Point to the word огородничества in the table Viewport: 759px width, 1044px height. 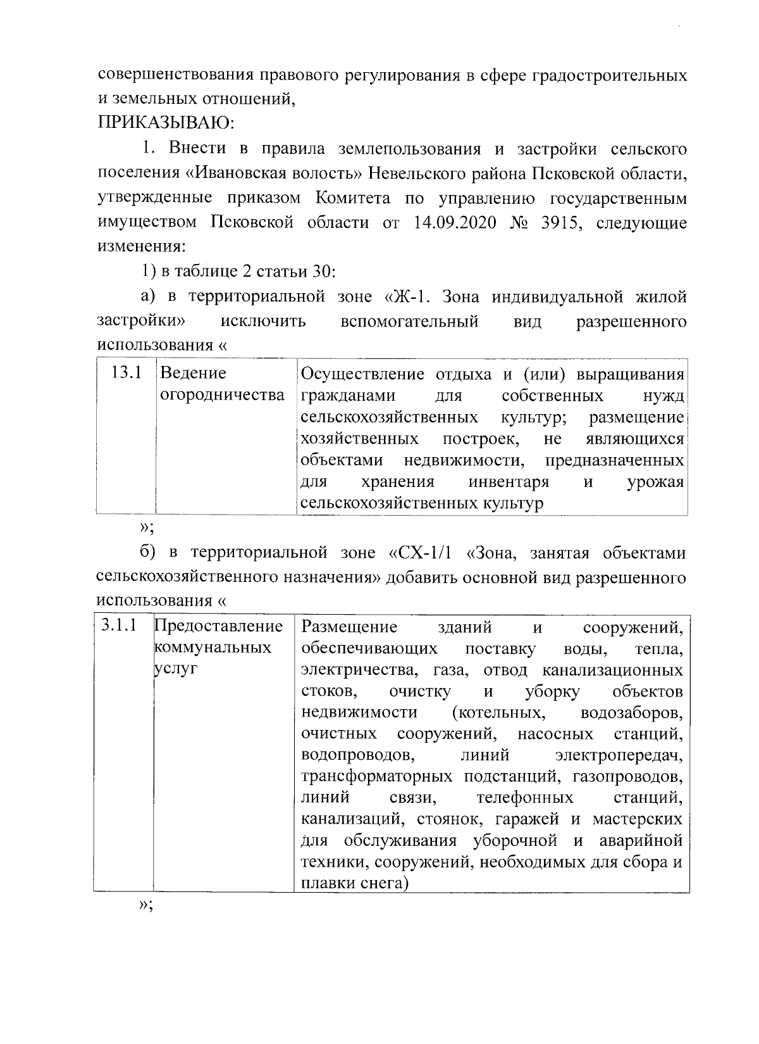222,396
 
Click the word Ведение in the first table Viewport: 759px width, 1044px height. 193,373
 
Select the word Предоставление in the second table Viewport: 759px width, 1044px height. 218,627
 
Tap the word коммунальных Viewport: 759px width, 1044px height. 213,648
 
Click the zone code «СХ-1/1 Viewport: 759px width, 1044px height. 421,553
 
